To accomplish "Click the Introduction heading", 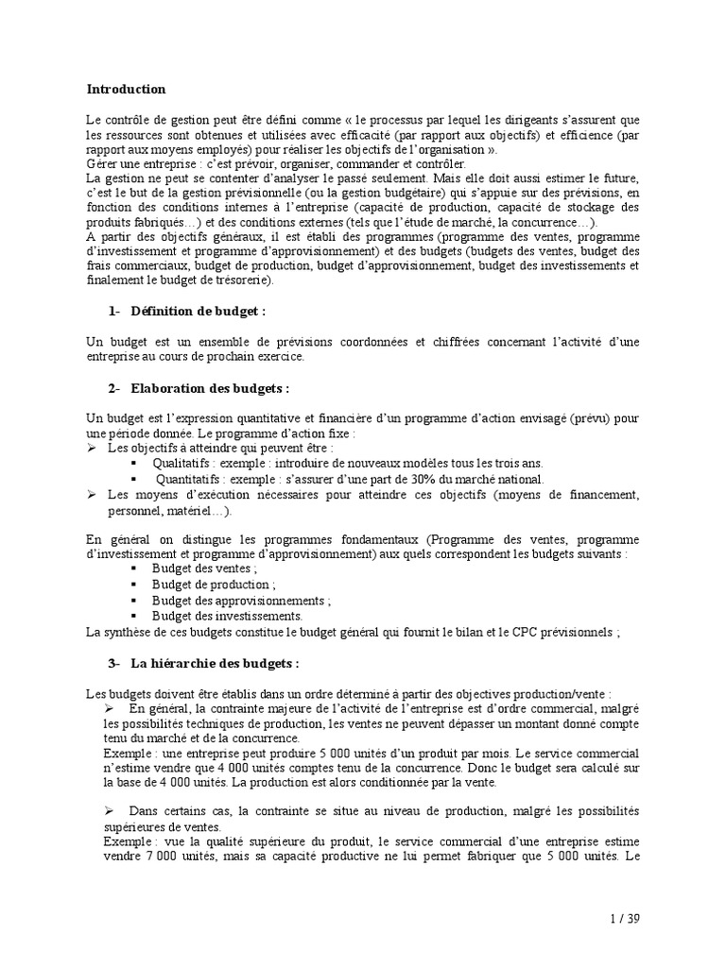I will click(x=126, y=90).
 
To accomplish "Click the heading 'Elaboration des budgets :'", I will click(x=210, y=388).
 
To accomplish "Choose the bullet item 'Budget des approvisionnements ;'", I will click(x=242, y=601).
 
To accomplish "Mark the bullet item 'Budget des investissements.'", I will click(x=227, y=616).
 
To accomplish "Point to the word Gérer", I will click(x=103, y=163).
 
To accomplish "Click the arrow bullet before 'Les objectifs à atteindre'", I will click(x=92, y=449).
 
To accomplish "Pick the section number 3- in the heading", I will click(x=115, y=663).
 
